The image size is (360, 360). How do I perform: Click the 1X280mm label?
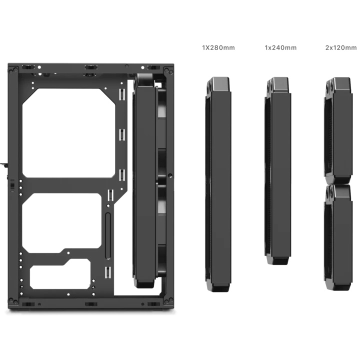[218, 48]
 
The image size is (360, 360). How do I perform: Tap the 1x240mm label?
[280, 48]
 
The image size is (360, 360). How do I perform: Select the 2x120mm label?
[341, 48]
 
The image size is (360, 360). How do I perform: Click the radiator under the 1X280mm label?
[218, 184]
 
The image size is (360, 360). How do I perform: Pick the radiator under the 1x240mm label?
[278, 171]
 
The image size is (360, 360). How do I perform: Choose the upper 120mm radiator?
[338, 130]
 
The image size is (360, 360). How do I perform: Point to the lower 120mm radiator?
[338, 237]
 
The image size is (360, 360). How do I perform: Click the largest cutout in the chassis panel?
[68, 133]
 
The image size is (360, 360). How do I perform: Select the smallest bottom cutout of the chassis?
[60, 274]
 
